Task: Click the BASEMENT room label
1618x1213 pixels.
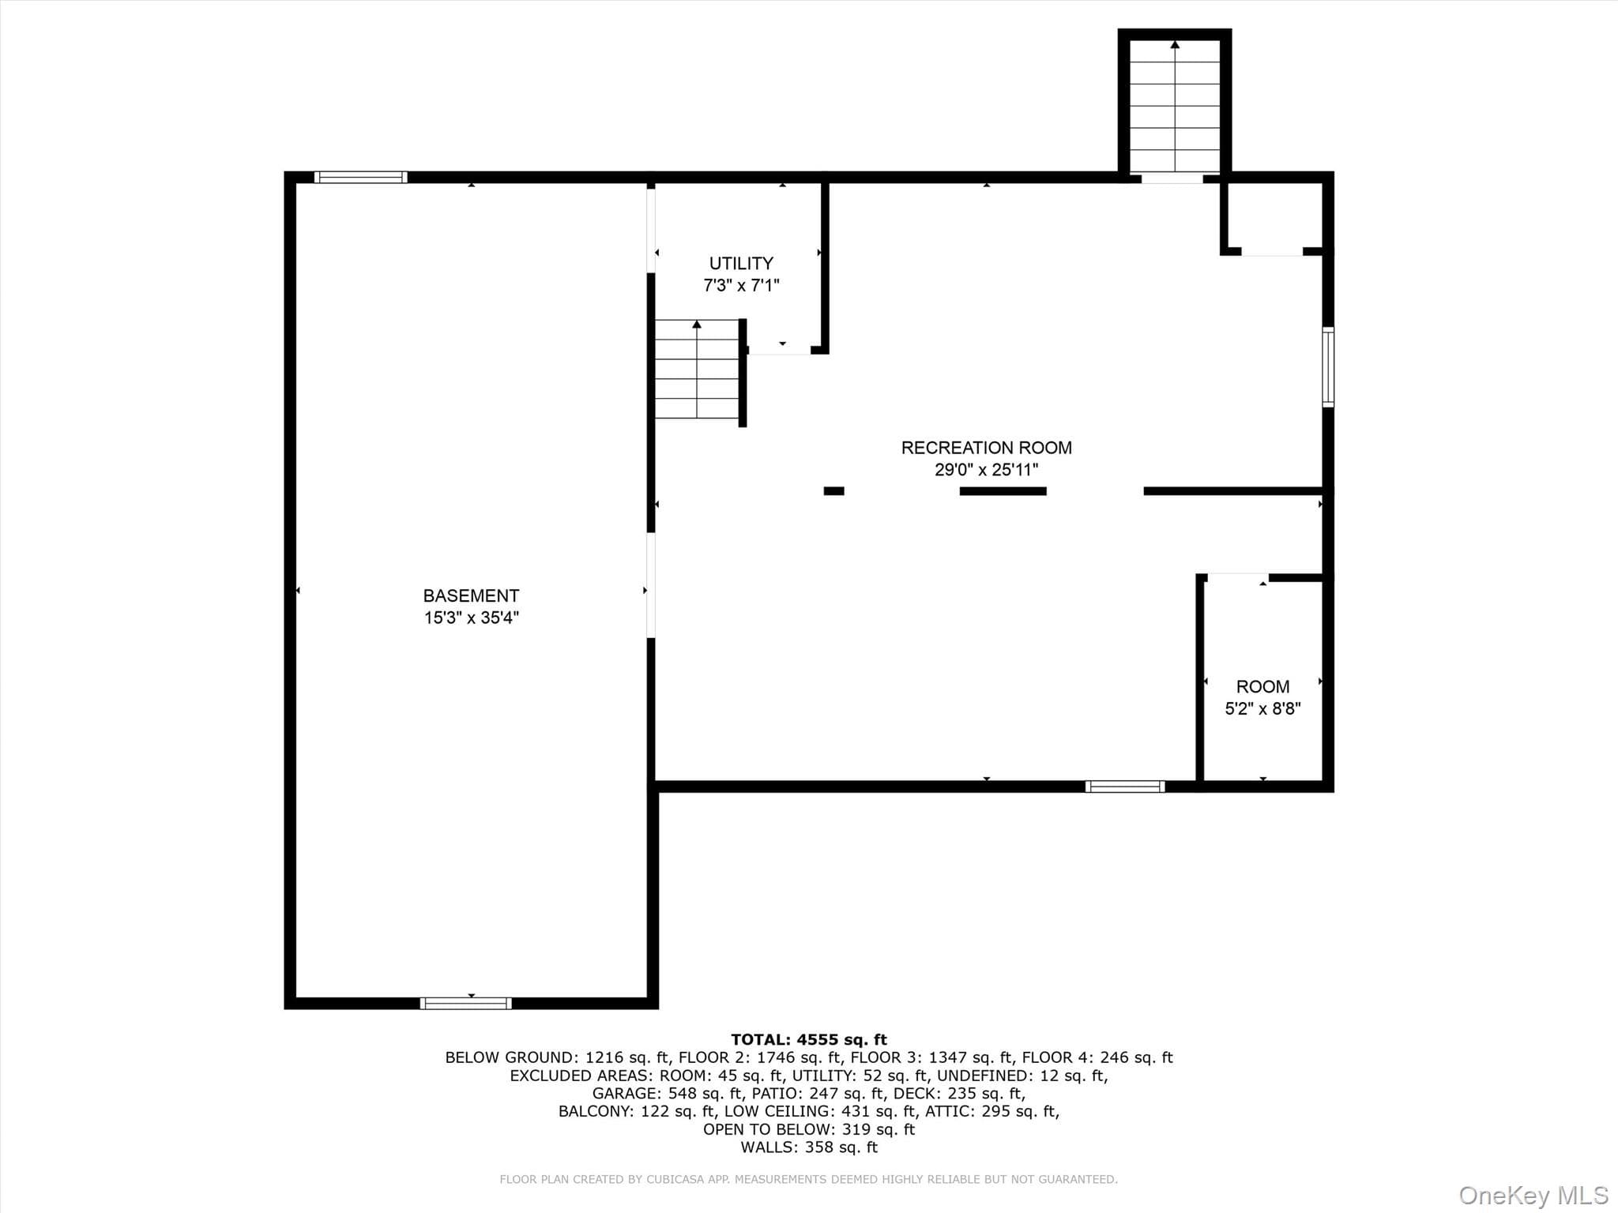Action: click(x=471, y=595)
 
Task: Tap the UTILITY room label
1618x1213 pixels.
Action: click(x=741, y=263)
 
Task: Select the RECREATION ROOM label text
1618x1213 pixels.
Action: click(x=986, y=448)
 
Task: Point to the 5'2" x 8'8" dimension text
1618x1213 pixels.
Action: click(x=1262, y=708)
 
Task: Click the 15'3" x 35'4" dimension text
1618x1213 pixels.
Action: click(x=471, y=618)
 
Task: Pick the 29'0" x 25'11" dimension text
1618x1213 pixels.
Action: click(x=986, y=470)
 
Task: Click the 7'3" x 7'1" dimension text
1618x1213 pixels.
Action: click(x=741, y=285)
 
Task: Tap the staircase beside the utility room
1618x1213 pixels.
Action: click(x=697, y=369)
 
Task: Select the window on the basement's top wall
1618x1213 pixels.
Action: click(x=361, y=177)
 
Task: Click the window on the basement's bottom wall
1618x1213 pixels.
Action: click(x=466, y=1003)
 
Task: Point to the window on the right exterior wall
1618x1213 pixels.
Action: click(x=1328, y=367)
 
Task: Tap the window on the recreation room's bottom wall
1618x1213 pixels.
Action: click(x=1125, y=786)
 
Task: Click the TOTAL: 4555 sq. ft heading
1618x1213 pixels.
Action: click(x=809, y=1039)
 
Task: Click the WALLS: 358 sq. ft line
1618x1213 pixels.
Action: click(x=809, y=1147)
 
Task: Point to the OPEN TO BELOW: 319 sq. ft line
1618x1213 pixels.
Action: click(x=809, y=1129)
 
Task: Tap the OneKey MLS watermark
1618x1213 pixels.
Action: click(x=1533, y=1195)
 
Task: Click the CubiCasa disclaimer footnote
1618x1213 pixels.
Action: click(x=809, y=1179)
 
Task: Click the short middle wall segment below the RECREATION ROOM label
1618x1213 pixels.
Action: click(x=1003, y=491)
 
